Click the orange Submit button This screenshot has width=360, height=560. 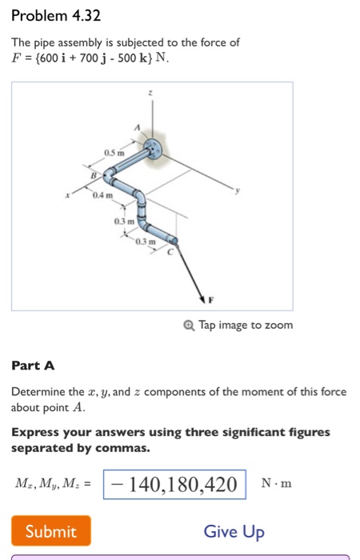pos(51,530)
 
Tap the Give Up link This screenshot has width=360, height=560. pos(234,532)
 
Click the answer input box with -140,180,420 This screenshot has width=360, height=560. pos(174,485)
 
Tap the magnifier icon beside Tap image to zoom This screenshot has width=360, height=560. pos(189,326)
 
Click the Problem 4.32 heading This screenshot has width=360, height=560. pos(56,16)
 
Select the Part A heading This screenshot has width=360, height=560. pos(33,366)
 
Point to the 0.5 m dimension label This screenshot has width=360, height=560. pos(114,153)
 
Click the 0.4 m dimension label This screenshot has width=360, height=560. pos(102,195)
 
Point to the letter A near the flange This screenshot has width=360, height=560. pos(137,127)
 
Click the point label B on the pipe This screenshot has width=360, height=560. pos(94,175)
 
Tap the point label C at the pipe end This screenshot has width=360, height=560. pos(170,252)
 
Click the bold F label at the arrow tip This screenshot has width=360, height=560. pos(210,300)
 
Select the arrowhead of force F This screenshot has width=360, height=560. pos(202,299)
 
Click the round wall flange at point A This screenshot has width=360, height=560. pos(153,148)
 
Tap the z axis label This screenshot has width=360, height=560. pos(150,93)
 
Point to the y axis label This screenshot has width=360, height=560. pos(237,190)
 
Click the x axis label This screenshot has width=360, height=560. pos(67,195)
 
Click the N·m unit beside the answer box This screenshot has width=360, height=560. pos(277,483)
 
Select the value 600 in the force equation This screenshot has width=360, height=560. pos(50,58)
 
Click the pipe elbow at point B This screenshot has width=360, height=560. pos(108,174)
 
